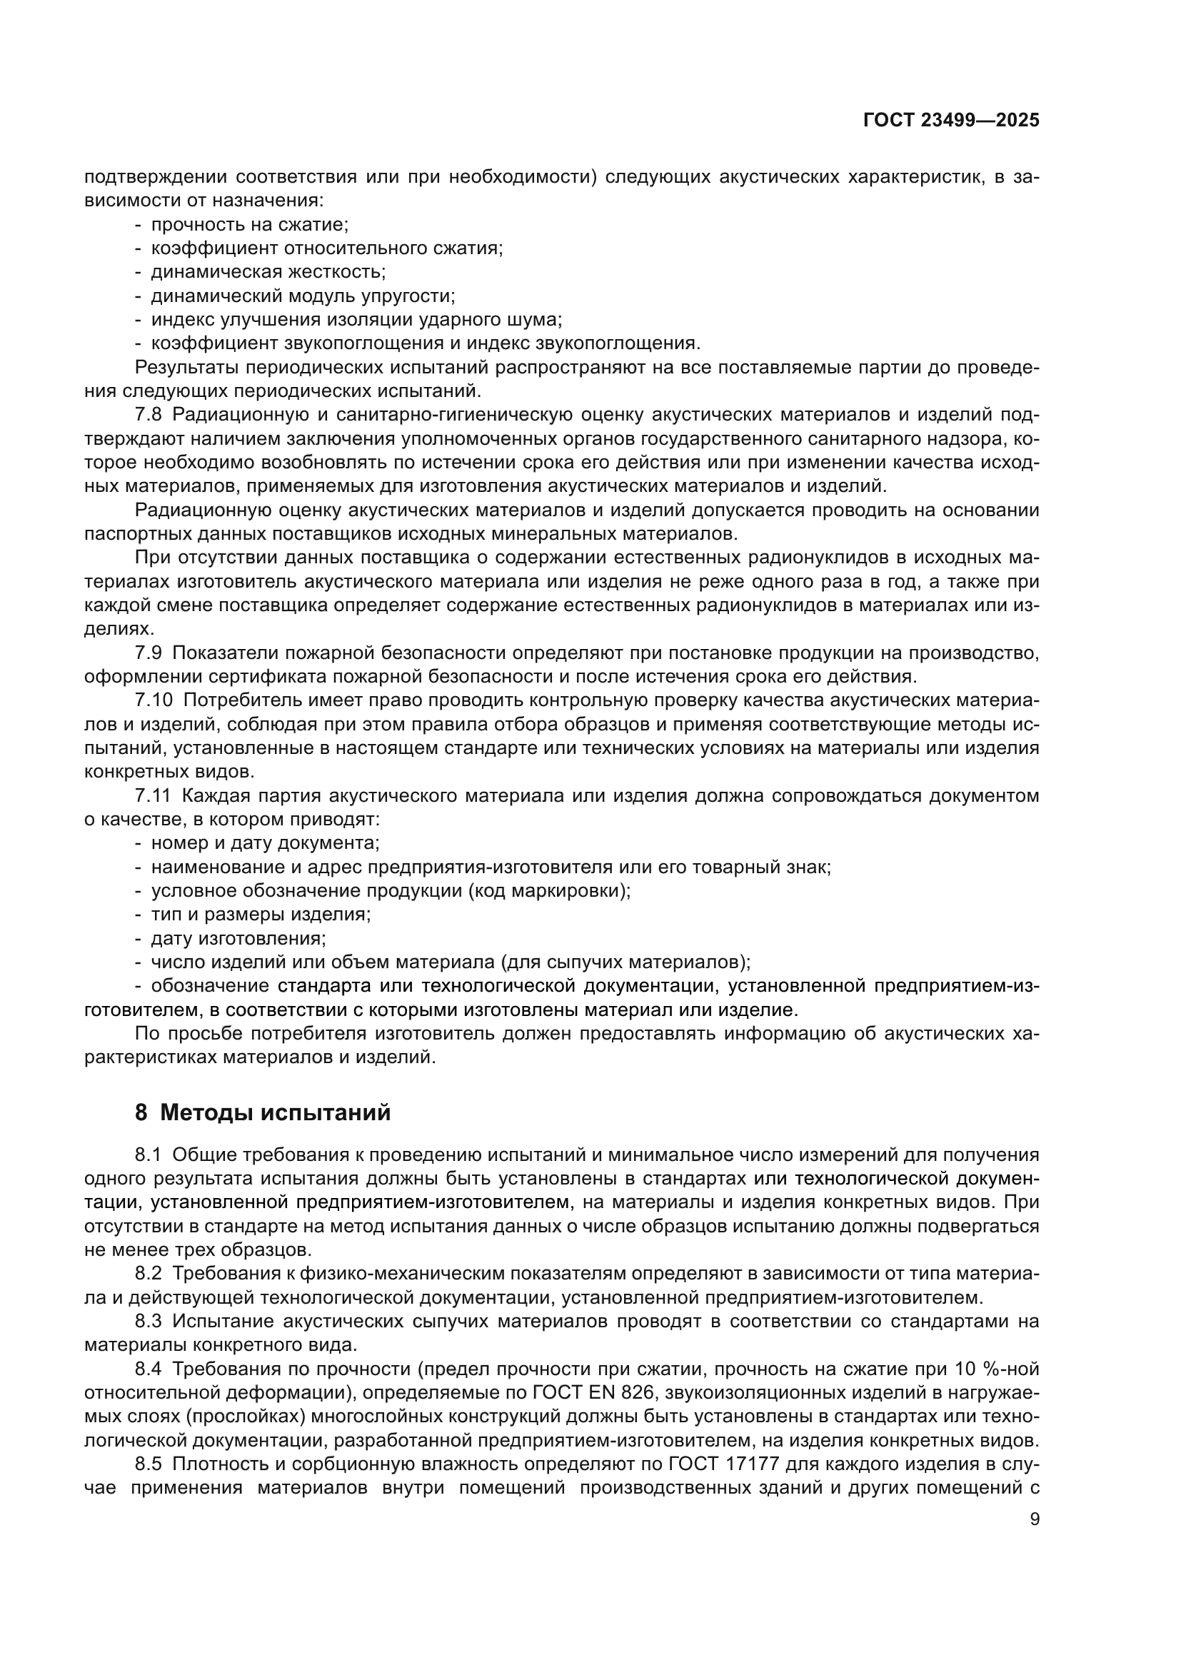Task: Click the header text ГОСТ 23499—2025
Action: click(951, 121)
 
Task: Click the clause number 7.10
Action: click(154, 700)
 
